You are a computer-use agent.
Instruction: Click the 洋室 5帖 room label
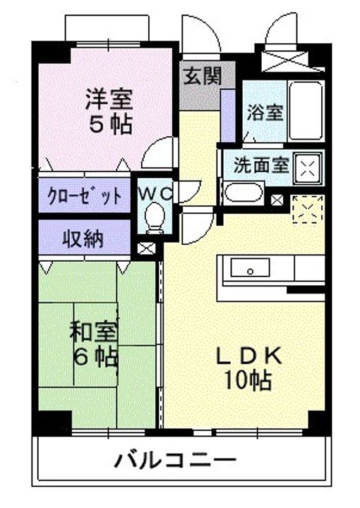109,111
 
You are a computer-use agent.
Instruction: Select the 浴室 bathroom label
265,113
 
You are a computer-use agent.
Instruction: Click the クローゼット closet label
85,196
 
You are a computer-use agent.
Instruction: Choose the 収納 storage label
83,239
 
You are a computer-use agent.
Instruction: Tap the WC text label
155,194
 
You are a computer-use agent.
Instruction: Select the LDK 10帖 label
249,368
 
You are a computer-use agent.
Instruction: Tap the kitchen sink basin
250,267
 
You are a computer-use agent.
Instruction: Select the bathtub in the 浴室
306,111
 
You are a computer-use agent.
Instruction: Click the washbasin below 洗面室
244,193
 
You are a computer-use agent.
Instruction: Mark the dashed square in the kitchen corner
308,209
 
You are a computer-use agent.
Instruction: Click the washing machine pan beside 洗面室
308,168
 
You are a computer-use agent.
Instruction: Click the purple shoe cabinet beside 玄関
228,115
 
